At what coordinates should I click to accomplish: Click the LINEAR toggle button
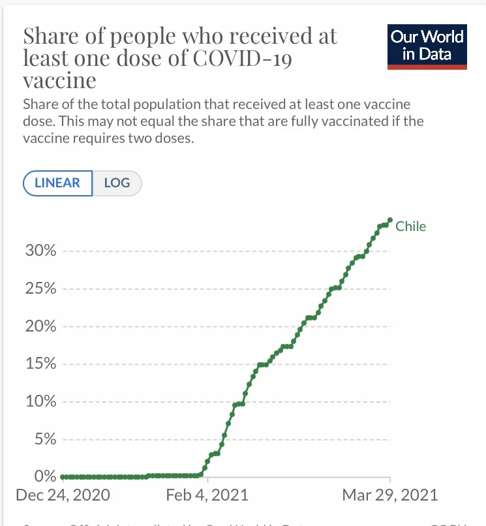coord(58,183)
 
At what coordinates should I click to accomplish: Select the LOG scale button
coord(117,183)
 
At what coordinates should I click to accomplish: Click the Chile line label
coord(410,226)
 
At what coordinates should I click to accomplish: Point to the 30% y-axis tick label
coord(40,251)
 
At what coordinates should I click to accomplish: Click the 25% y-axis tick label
coord(40,289)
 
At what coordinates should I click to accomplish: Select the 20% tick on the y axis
coord(40,326)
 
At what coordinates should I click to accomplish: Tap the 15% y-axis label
coord(40,364)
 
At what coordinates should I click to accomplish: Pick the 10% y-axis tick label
coord(40,401)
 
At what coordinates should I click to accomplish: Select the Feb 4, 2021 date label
coord(207,494)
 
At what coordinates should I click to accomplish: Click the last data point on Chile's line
coord(390,220)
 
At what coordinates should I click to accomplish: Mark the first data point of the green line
coord(62,476)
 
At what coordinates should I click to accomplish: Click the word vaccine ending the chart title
coord(59,81)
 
